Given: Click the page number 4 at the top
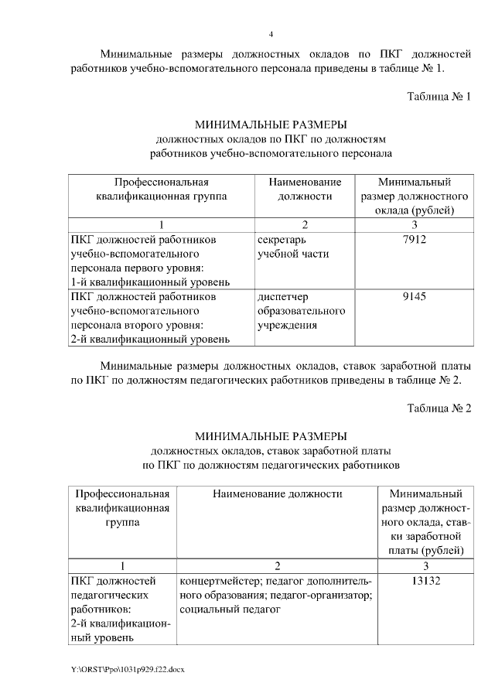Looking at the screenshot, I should (x=271, y=34).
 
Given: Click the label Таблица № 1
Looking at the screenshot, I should (x=439, y=96).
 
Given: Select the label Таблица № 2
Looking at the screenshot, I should (x=439, y=408).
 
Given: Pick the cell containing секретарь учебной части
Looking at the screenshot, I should (x=292, y=247).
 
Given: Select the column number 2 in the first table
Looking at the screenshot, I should (x=305, y=225).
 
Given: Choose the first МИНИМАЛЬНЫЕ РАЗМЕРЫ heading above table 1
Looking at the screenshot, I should (x=271, y=125).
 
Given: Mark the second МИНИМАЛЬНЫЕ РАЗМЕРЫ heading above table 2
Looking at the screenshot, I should (x=271, y=436).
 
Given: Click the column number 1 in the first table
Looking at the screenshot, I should (x=161, y=225).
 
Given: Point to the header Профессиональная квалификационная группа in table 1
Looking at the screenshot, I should (x=161, y=190).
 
